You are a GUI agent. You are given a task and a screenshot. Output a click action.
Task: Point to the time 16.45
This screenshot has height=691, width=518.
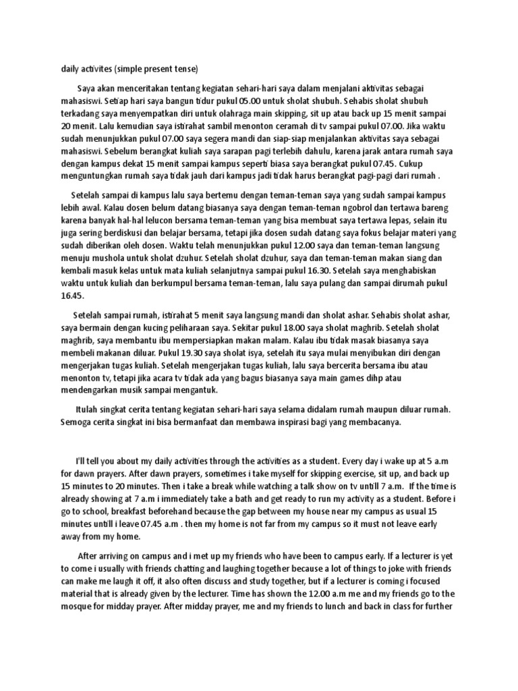73,296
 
